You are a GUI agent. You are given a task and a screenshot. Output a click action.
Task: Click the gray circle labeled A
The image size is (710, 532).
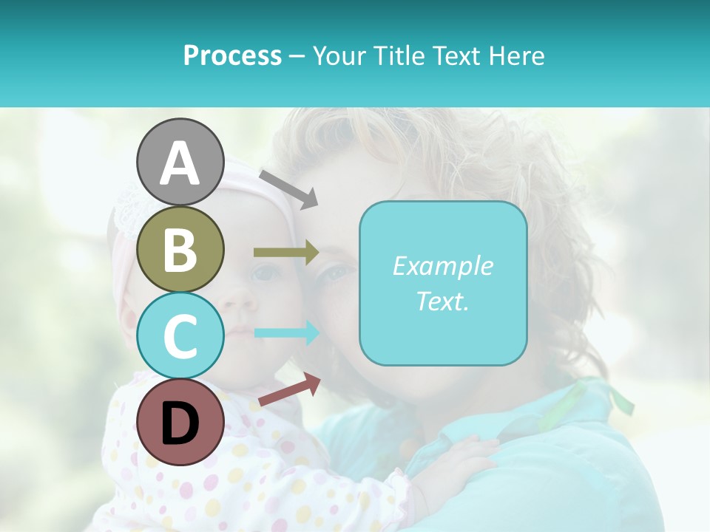click(x=180, y=163)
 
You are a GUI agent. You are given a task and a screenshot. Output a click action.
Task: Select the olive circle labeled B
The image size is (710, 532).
click(x=180, y=249)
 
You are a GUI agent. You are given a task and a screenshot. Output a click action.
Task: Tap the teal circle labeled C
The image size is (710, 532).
click(x=180, y=335)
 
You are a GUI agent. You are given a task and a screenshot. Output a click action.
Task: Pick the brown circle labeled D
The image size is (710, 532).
click(x=180, y=422)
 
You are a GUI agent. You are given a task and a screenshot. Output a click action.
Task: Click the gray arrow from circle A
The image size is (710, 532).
click(x=288, y=188)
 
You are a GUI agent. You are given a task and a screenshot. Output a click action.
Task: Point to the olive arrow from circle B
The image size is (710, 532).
click(x=286, y=253)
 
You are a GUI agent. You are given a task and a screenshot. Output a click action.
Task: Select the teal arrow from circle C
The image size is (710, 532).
click(x=286, y=333)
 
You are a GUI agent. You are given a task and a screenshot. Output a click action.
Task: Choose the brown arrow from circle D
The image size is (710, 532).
click(x=289, y=390)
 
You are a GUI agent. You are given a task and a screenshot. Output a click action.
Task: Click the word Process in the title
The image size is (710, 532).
click(x=232, y=55)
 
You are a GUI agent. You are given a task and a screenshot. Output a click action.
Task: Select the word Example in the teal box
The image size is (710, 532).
click(x=442, y=266)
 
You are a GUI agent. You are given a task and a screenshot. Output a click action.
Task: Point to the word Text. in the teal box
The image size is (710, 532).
click(x=442, y=301)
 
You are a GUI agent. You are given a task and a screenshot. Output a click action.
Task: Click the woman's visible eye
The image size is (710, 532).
click(x=337, y=273)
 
